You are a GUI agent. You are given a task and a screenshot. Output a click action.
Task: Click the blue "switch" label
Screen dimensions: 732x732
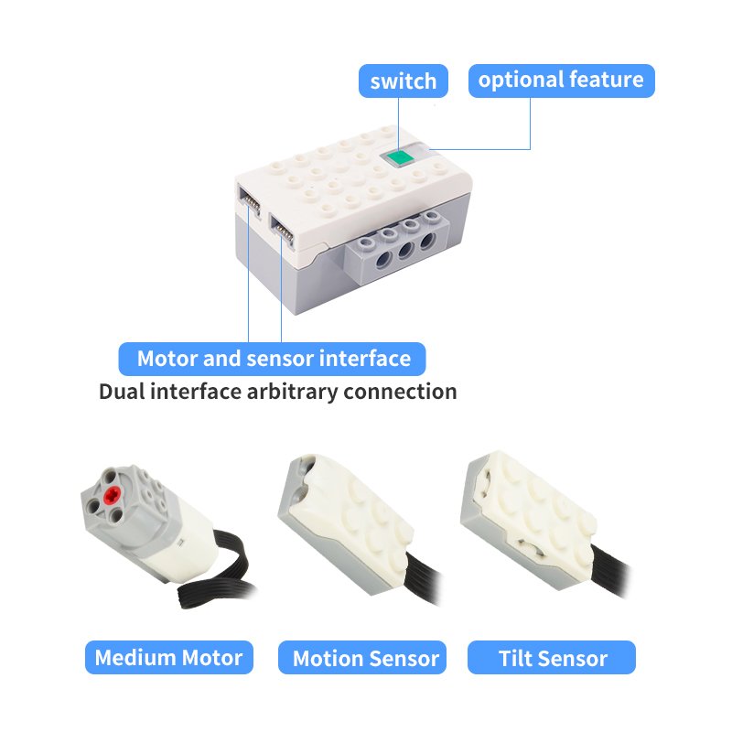pyautogui.click(x=403, y=81)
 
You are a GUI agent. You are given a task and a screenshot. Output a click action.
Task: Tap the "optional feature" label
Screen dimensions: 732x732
pyautogui.click(x=561, y=81)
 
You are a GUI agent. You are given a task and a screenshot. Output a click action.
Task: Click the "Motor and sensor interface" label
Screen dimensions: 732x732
pyautogui.click(x=272, y=359)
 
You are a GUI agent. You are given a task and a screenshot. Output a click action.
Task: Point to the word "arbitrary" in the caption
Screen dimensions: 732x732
pyautogui.click(x=292, y=392)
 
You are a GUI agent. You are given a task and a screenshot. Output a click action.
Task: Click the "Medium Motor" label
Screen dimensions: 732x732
pyautogui.click(x=169, y=657)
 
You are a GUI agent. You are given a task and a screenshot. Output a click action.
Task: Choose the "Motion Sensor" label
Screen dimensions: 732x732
pyautogui.click(x=362, y=657)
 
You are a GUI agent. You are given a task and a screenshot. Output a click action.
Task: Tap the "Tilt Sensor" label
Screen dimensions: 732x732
pyautogui.click(x=552, y=657)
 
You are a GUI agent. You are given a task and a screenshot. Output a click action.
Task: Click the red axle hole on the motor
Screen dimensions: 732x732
pyautogui.click(x=113, y=495)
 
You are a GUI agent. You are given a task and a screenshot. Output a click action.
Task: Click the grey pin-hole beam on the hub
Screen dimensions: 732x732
pyautogui.click(x=397, y=242)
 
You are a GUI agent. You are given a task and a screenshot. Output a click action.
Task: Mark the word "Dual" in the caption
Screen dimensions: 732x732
pyautogui.click(x=122, y=392)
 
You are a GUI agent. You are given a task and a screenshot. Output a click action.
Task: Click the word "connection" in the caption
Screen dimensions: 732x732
pyautogui.click(x=400, y=392)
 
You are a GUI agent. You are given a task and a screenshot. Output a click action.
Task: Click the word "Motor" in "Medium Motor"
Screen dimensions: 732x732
pyautogui.click(x=212, y=657)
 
